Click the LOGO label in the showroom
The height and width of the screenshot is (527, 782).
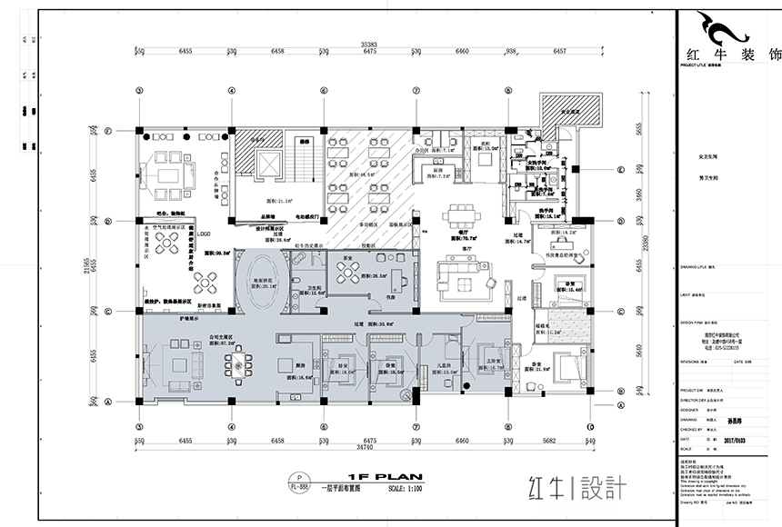[x=205, y=233]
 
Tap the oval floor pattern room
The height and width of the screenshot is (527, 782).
[x=262, y=283]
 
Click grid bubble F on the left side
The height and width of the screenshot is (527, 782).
[x=107, y=132]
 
